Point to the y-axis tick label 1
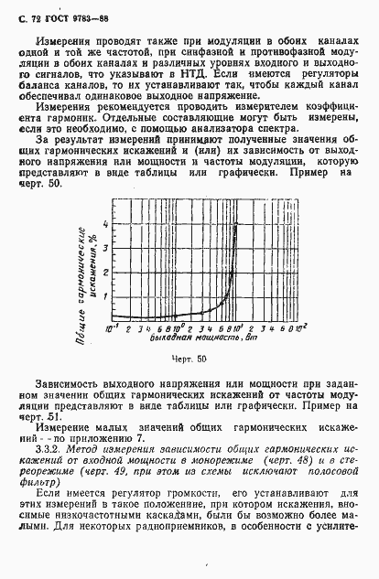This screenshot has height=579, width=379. click(104, 295)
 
